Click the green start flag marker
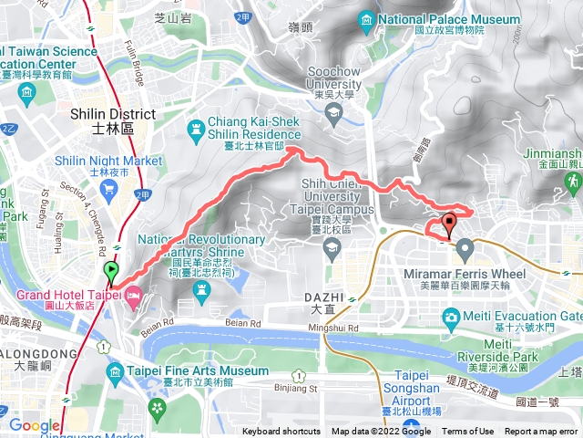pyautogui.click(x=111, y=270)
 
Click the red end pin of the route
pyautogui.click(x=449, y=223)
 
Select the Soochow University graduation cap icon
pyautogui.click(x=333, y=114)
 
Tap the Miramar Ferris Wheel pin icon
pyautogui.click(x=465, y=246)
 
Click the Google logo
pyautogui.click(x=34, y=425)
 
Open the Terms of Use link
pyautogui.click(x=468, y=432)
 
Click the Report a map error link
pyautogui.click(x=542, y=432)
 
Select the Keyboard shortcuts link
pyautogui.click(x=282, y=432)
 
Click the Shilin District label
pyautogui.click(x=112, y=120)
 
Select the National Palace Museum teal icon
pyautogui.click(x=367, y=19)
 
